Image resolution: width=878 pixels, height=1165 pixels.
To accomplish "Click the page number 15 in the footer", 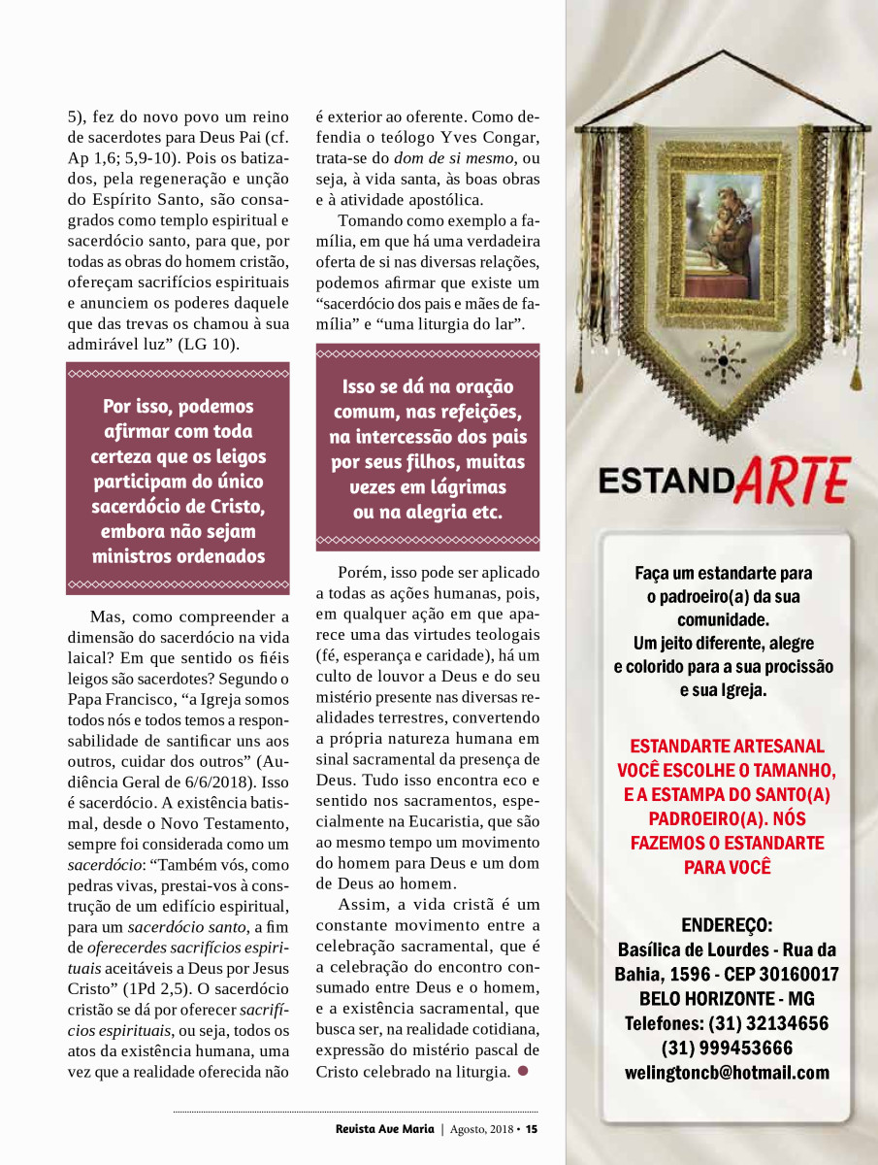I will click(x=532, y=1128).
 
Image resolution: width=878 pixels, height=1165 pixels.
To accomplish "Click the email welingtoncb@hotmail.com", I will click(x=727, y=1073).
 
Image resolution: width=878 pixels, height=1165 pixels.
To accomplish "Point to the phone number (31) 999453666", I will click(x=727, y=1048).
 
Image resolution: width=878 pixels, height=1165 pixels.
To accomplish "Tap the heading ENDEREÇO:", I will click(x=727, y=924).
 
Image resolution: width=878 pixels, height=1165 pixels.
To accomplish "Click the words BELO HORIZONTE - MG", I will click(x=727, y=999).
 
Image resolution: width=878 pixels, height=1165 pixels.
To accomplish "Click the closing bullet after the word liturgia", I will click(x=523, y=1071).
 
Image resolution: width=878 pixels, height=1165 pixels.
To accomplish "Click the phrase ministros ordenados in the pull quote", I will click(x=179, y=556).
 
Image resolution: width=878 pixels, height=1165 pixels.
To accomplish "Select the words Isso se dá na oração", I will click(x=428, y=387).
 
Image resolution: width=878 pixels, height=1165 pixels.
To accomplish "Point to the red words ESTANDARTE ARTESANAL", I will click(x=727, y=747).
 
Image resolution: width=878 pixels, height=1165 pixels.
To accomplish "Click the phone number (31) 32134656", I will click(x=727, y=1023).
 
